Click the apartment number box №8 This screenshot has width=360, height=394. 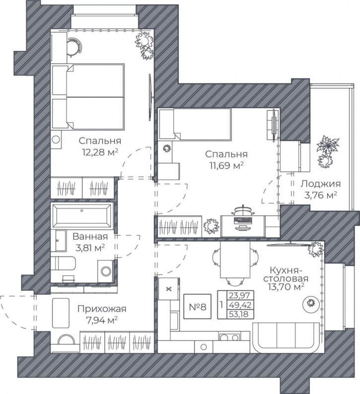click(197, 307)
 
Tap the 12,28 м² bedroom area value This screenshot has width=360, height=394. click(100, 152)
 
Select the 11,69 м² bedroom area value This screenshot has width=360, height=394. click(226, 165)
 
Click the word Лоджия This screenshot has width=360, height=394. click(321, 184)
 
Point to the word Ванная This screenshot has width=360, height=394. click(90, 237)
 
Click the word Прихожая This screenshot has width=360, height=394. click(102, 309)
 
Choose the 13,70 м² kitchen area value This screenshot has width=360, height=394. click(287, 287)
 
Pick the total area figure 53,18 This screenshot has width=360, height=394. click(240, 314)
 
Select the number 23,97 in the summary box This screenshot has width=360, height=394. click(240, 295)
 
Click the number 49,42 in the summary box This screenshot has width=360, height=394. click(240, 305)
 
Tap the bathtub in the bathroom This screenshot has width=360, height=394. click(81, 216)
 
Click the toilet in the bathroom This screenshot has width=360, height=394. click(63, 263)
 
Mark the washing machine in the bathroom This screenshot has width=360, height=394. click(106, 271)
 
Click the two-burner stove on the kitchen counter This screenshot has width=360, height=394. click(229, 337)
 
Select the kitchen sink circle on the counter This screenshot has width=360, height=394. click(204, 347)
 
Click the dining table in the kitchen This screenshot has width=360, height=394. click(235, 260)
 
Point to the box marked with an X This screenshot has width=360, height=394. click(169, 289)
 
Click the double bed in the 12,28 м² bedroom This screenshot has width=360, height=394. click(88, 97)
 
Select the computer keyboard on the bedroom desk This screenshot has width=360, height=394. click(243, 221)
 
